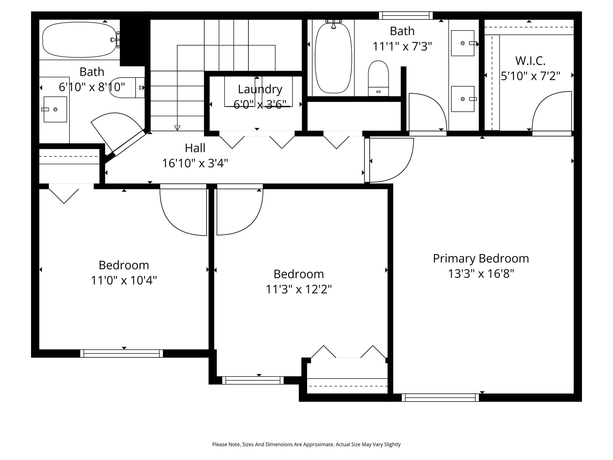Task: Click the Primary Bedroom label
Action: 481,258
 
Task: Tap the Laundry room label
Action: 260,89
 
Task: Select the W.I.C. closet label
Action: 530,61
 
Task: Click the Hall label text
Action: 195,148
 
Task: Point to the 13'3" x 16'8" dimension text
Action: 481,274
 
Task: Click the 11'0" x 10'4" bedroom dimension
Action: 124,281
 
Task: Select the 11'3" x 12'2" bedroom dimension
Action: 299,290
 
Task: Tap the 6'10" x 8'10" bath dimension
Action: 92,87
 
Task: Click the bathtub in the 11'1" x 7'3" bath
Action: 333,58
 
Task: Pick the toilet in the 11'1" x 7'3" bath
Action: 378,78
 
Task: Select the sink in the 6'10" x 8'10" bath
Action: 55,109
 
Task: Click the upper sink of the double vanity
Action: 463,43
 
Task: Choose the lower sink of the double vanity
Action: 463,99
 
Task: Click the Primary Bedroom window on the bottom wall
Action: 440,398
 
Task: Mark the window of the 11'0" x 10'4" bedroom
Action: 122,353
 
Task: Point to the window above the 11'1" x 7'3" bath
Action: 406,16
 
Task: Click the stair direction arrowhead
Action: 177,128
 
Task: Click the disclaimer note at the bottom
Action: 306,444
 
